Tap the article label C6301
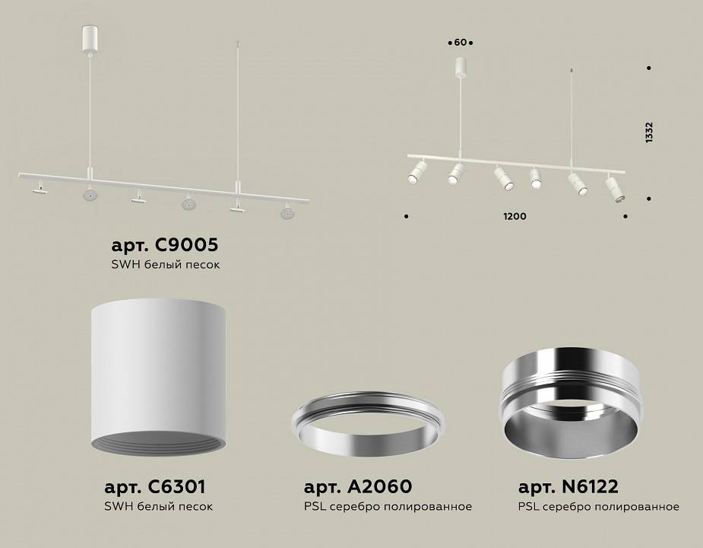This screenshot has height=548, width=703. coord(155,486)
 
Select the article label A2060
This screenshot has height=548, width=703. coord(357,486)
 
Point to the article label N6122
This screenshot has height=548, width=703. coord(568,486)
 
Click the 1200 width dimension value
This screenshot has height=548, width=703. coord(515,217)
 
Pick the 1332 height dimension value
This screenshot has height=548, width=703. coord(649,132)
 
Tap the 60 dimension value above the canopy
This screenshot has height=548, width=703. coord(461,42)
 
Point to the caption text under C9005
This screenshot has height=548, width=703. coord(166,264)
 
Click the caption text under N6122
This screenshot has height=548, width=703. coord(599,506)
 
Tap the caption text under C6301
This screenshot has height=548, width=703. coord(158,506)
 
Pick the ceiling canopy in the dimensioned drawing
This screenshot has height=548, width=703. coord(461,66)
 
